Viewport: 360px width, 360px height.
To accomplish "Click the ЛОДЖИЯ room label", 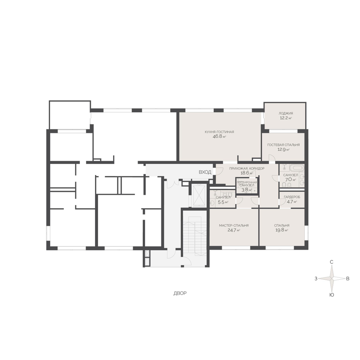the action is click(x=286, y=113).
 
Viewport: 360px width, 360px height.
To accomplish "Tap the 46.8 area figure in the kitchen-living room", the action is click(x=217, y=136).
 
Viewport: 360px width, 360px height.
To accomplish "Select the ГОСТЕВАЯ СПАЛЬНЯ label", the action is click(x=283, y=145).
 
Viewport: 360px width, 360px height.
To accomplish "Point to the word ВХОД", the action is click(x=205, y=172).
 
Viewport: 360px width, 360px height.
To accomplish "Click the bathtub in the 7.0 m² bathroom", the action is click(x=297, y=167).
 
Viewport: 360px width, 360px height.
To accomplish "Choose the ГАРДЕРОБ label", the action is click(x=292, y=197).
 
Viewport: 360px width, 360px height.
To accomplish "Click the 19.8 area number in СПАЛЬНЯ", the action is click(x=279, y=230).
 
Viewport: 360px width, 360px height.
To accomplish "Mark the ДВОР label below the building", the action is click(x=180, y=293).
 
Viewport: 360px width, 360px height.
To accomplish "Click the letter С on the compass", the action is click(x=332, y=262).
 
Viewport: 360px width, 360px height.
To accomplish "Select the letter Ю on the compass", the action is click(x=332, y=295).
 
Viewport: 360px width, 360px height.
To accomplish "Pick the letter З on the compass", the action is click(x=316, y=279).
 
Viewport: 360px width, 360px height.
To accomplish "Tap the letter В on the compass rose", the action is click(x=348, y=279).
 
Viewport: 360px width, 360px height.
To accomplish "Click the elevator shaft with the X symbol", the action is click(x=199, y=195).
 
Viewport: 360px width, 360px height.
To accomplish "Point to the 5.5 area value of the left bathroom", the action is click(x=221, y=202).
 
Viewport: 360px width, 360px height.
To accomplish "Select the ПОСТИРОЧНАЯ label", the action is click(x=247, y=182).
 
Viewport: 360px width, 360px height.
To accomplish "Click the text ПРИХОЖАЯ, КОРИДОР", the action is click(x=247, y=169).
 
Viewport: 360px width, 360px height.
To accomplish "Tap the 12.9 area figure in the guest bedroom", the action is click(x=282, y=149).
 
